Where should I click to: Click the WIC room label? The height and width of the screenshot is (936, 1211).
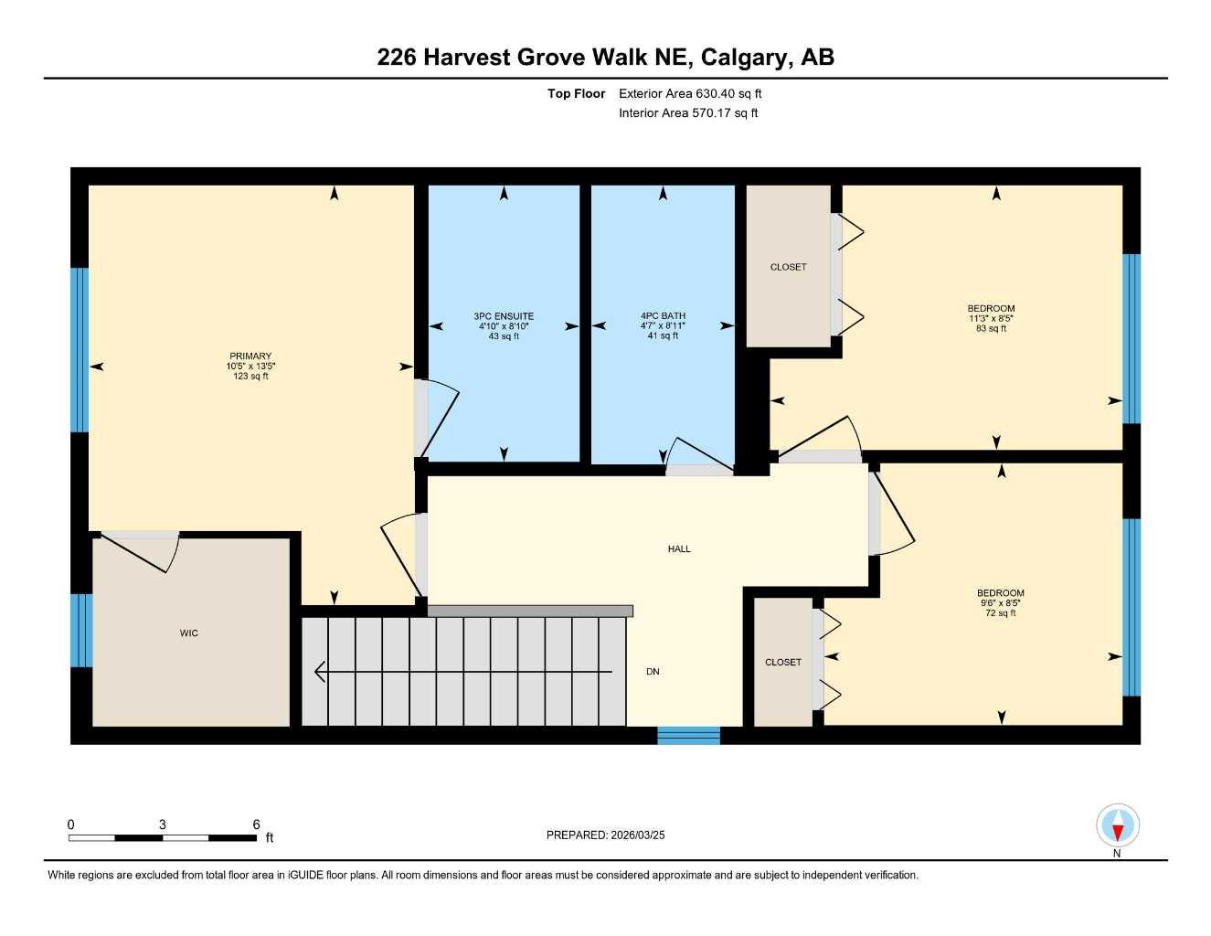pyautogui.click(x=188, y=633)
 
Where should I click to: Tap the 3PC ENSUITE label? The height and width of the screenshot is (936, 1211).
pyautogui.click(x=504, y=316)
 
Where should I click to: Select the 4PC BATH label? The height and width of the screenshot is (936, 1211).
pyautogui.click(x=663, y=316)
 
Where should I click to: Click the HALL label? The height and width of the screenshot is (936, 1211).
pyautogui.click(x=679, y=549)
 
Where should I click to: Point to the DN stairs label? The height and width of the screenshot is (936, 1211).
pyautogui.click(x=653, y=672)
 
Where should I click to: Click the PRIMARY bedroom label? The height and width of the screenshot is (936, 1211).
pyautogui.click(x=250, y=356)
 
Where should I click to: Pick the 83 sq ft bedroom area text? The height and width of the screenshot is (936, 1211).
pyautogui.click(x=991, y=329)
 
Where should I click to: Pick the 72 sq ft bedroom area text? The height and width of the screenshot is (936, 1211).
pyautogui.click(x=1001, y=613)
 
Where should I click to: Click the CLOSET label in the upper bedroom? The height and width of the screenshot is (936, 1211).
pyautogui.click(x=788, y=267)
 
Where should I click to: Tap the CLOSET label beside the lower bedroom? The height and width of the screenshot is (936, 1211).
pyautogui.click(x=783, y=662)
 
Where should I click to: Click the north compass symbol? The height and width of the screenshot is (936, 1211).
pyautogui.click(x=1117, y=827)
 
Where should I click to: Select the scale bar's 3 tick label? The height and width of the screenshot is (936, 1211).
pyautogui.click(x=163, y=824)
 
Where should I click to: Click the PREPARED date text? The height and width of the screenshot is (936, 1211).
pyautogui.click(x=605, y=835)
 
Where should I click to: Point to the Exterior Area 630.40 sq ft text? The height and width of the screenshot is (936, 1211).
pyautogui.click(x=690, y=93)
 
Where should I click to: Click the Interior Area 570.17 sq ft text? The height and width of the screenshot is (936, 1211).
pyautogui.click(x=688, y=113)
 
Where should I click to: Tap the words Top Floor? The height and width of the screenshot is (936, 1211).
pyautogui.click(x=576, y=93)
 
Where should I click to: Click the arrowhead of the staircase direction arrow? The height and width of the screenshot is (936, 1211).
pyautogui.click(x=320, y=672)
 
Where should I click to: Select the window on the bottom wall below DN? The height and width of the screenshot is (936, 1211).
pyautogui.click(x=688, y=735)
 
